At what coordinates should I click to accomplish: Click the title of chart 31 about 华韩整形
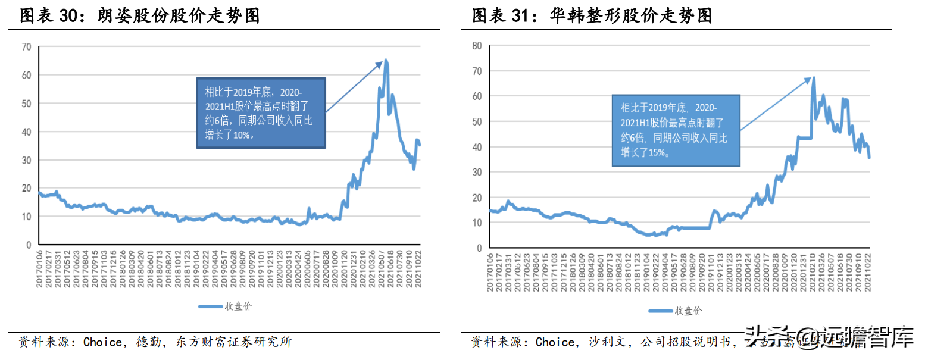click(592, 16)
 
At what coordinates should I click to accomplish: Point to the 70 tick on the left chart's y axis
click(26, 47)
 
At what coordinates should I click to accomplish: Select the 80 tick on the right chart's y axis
click(477, 46)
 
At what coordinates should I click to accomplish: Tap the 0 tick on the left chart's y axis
click(28, 245)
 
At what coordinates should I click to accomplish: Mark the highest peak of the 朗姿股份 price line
click(386, 60)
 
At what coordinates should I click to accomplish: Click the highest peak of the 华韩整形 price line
click(813, 78)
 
